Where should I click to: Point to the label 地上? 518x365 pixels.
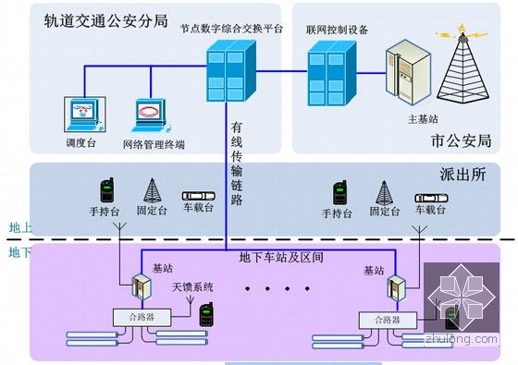[x=19, y=227]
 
